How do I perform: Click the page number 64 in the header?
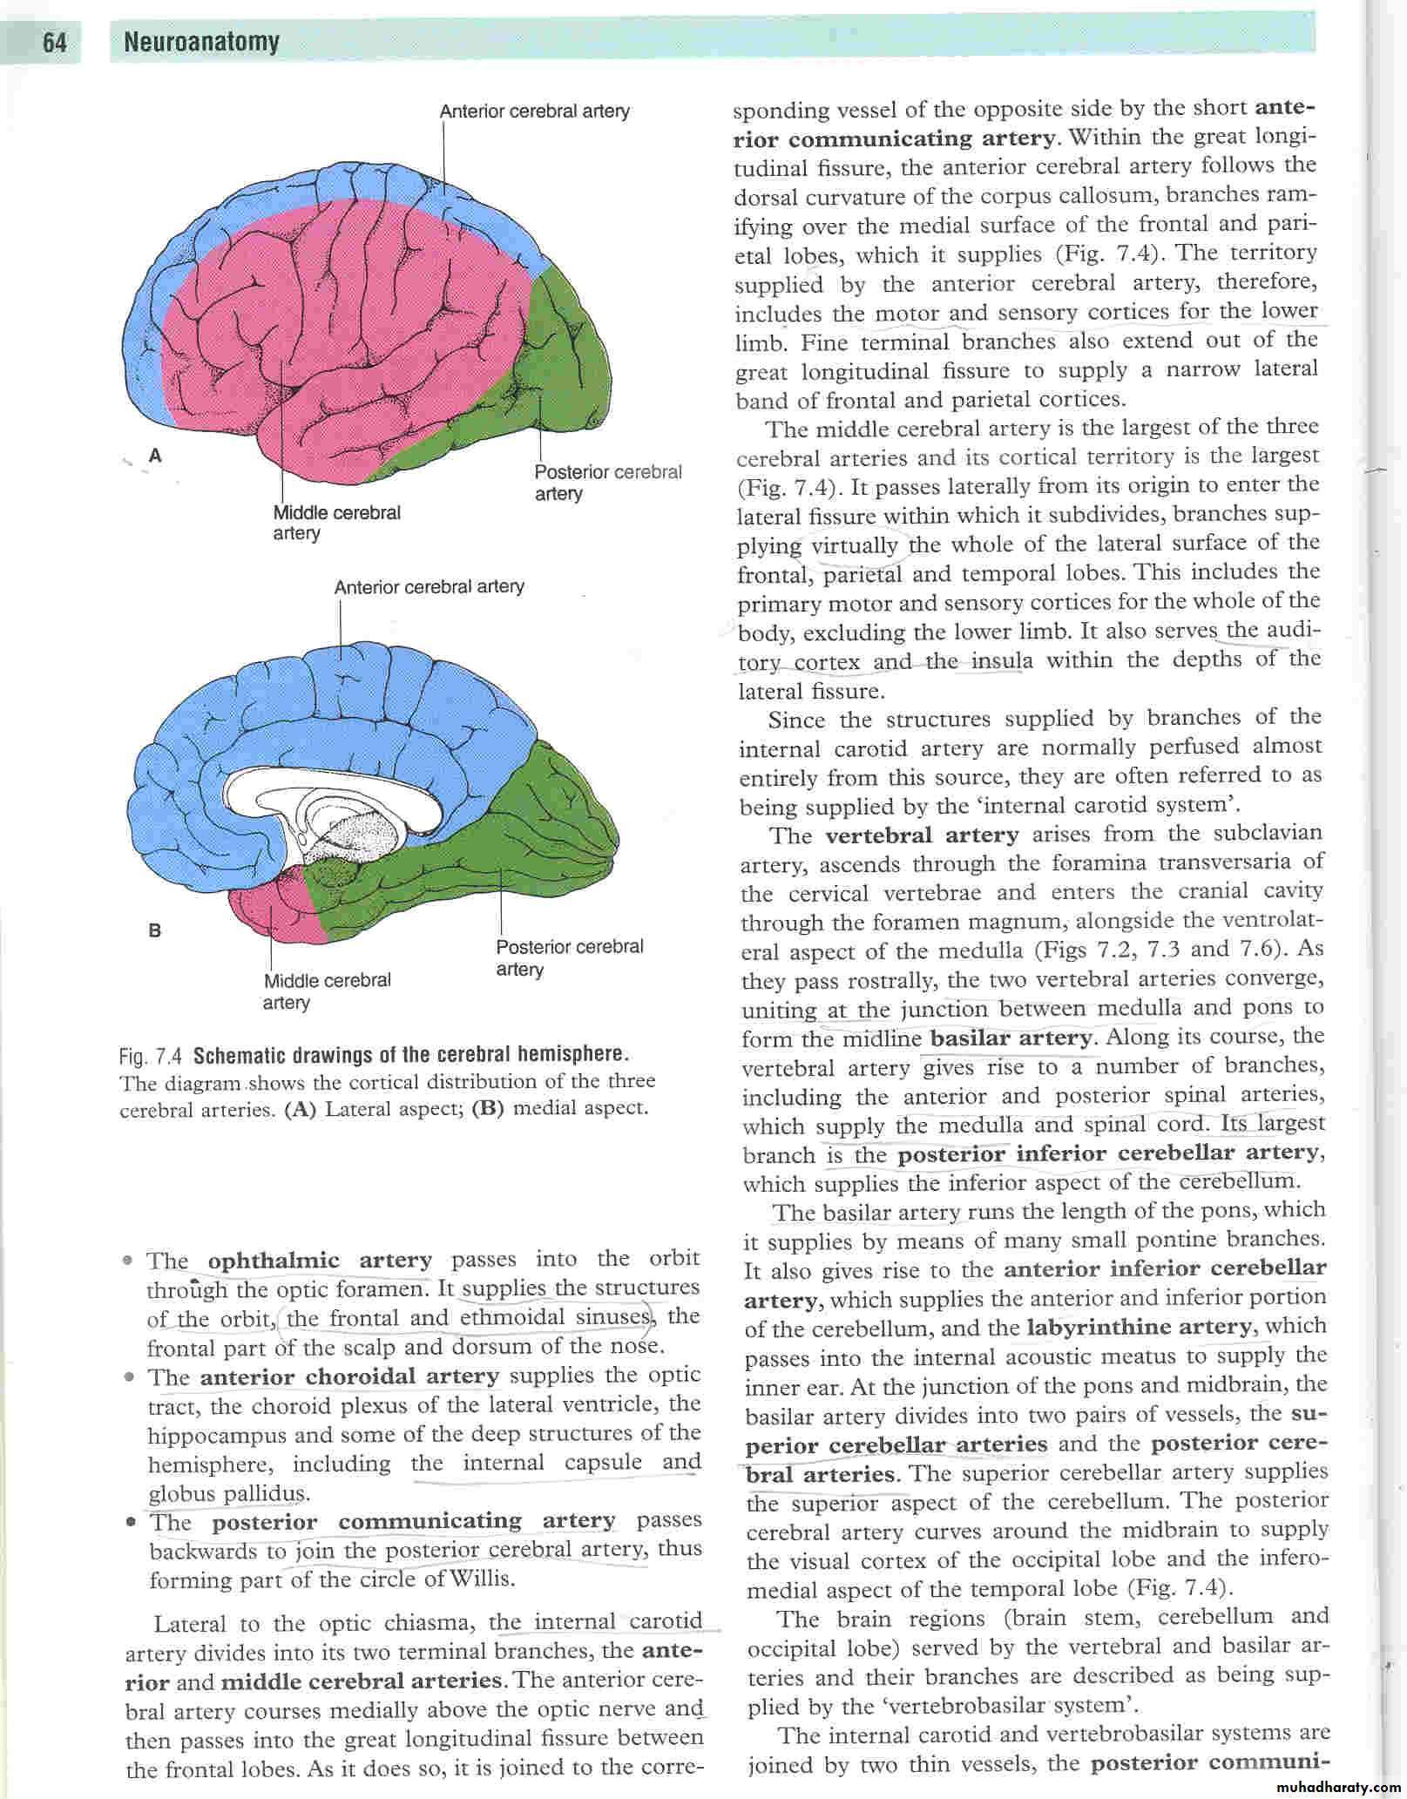pos(54,43)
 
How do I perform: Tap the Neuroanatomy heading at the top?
pos(201,42)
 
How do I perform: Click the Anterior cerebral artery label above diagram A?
pos(534,112)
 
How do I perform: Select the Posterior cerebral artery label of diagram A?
pos(607,483)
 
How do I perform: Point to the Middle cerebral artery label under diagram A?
pos(336,523)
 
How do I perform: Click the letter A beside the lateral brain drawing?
pos(156,454)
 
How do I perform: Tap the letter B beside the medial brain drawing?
pos(155,930)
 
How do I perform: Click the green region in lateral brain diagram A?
pos(566,348)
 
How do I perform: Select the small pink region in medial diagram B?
pos(270,910)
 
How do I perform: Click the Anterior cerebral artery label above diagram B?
pos(429,587)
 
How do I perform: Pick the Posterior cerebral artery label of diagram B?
pos(569,957)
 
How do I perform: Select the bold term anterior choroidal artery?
pos(349,1376)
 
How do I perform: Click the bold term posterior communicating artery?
pos(414,1521)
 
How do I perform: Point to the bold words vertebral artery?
pos(921,835)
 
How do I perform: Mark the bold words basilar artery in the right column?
pos(1011,1038)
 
